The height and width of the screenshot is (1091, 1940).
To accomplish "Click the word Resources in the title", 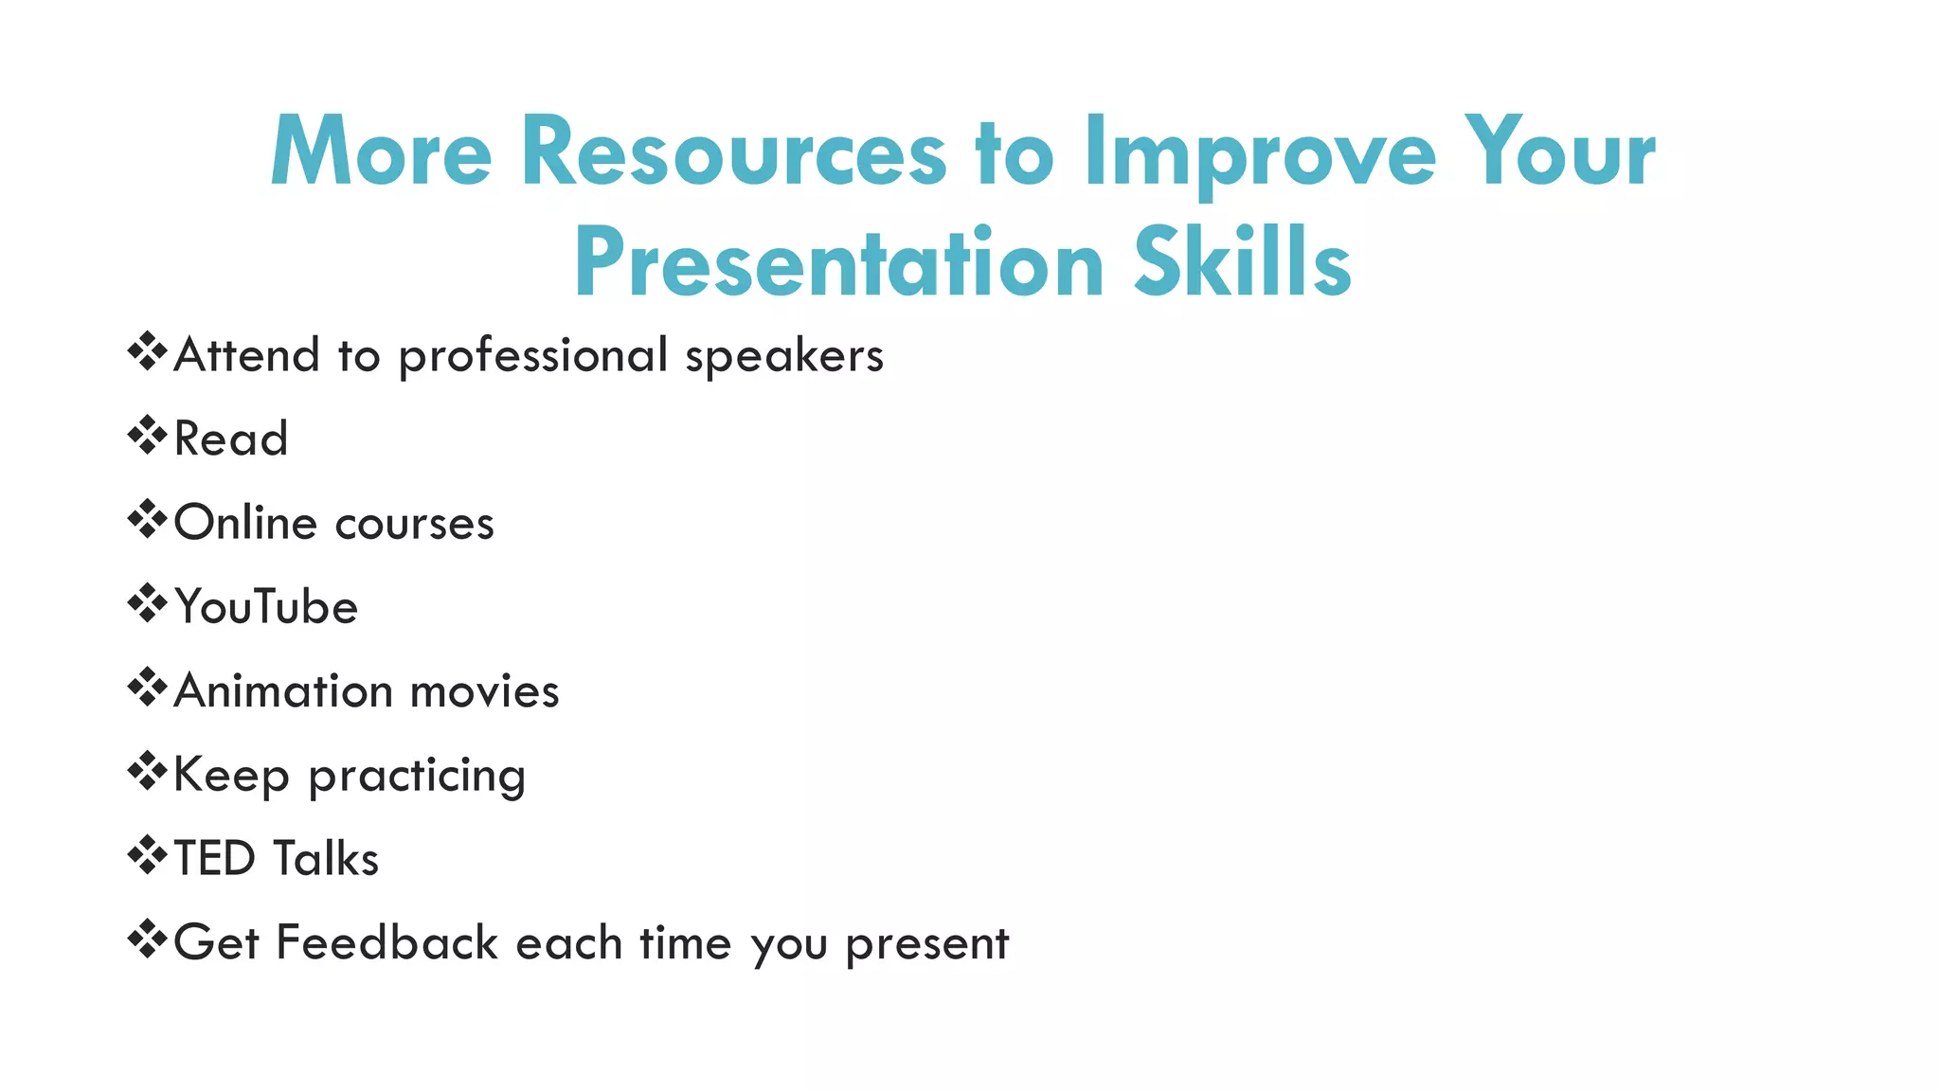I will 733,152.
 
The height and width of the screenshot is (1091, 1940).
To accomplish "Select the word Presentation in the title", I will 838,262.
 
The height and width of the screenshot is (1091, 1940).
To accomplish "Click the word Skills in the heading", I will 1242,262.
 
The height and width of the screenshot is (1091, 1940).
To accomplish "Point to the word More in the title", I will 381,152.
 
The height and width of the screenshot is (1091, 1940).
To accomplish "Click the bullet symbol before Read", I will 147,436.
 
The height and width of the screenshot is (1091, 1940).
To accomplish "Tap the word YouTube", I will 266,607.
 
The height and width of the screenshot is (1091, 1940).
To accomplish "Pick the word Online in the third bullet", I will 245,523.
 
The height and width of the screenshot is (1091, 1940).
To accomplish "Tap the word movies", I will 485,691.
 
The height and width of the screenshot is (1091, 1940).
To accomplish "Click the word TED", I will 215,859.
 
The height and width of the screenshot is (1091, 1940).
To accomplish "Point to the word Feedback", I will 386,942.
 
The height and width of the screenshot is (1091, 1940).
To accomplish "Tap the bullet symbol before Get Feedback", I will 147,939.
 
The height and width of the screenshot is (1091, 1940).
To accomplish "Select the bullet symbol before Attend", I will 147,351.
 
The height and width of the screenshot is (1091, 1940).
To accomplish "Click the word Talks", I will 325,859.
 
